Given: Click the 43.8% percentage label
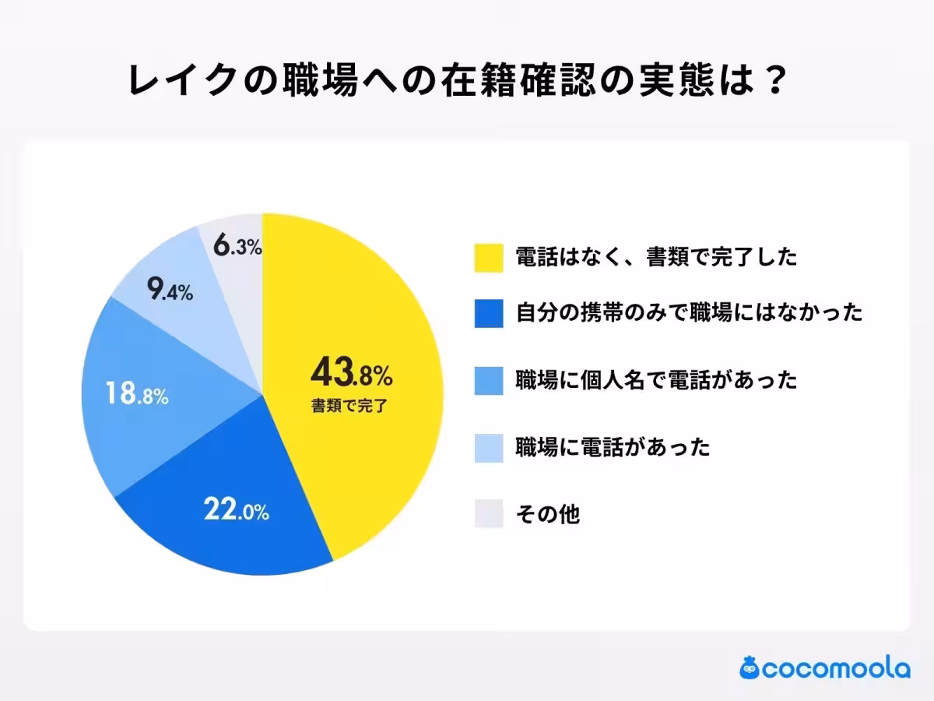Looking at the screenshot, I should tap(351, 375).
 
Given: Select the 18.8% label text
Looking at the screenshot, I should tap(135, 394).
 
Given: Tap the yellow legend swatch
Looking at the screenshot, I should tap(489, 257).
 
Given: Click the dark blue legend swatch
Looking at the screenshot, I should tap(489, 313).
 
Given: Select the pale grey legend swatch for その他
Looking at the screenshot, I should tap(489, 514).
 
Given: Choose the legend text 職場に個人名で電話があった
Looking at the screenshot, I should tap(656, 380).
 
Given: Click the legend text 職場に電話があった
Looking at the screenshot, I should tap(613, 447).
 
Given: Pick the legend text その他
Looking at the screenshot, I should tap(548, 514).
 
